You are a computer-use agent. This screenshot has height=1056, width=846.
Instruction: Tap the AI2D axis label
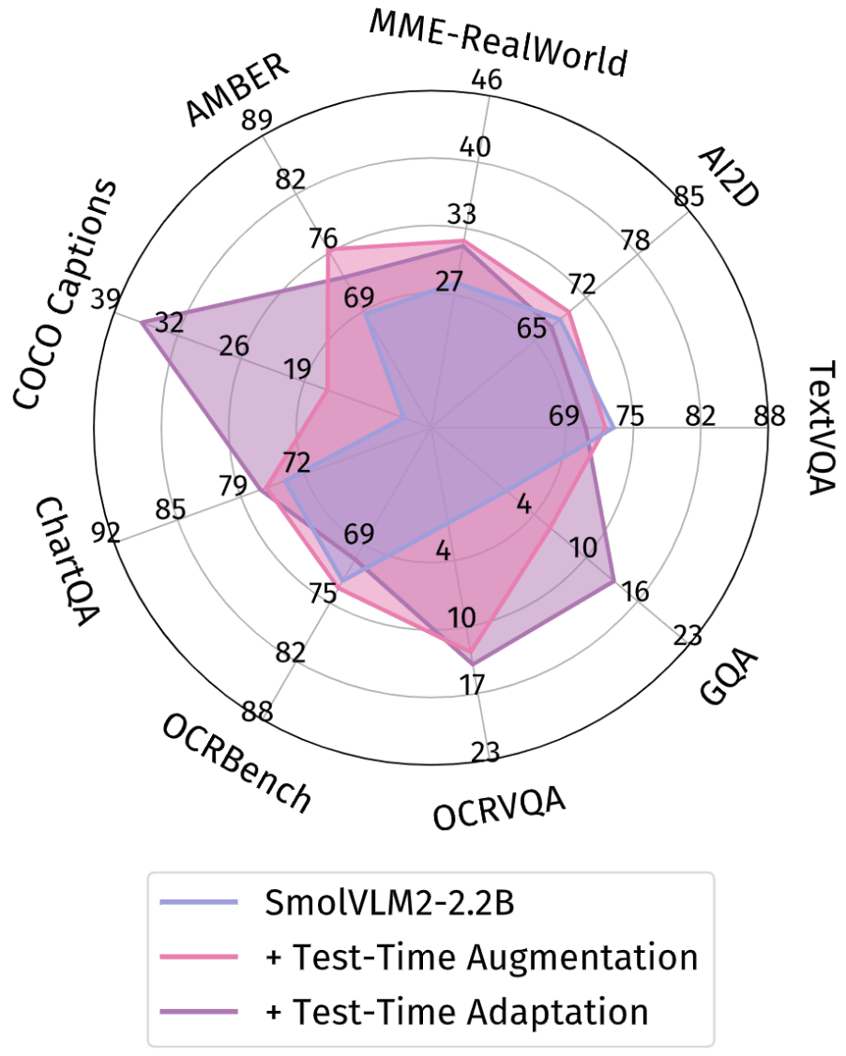[731, 176]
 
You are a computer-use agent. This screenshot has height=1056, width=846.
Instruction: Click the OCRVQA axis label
[500, 808]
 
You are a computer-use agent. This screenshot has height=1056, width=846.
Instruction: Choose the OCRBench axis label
[235, 762]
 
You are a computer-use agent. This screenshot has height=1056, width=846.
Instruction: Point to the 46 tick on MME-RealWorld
[487, 80]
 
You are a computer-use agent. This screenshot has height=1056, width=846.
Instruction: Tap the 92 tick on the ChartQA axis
[106, 534]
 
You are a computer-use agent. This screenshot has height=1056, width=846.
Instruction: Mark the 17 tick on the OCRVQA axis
[473, 683]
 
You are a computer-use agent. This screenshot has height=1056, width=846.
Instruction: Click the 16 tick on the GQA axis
[635, 592]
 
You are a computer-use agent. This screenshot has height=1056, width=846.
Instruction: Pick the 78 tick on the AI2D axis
[635, 240]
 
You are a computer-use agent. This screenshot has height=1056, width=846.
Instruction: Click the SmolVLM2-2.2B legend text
[390, 905]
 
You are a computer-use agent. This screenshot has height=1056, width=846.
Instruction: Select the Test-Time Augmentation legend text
[482, 958]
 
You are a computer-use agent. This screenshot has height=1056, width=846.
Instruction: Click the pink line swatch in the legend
[199, 958]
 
